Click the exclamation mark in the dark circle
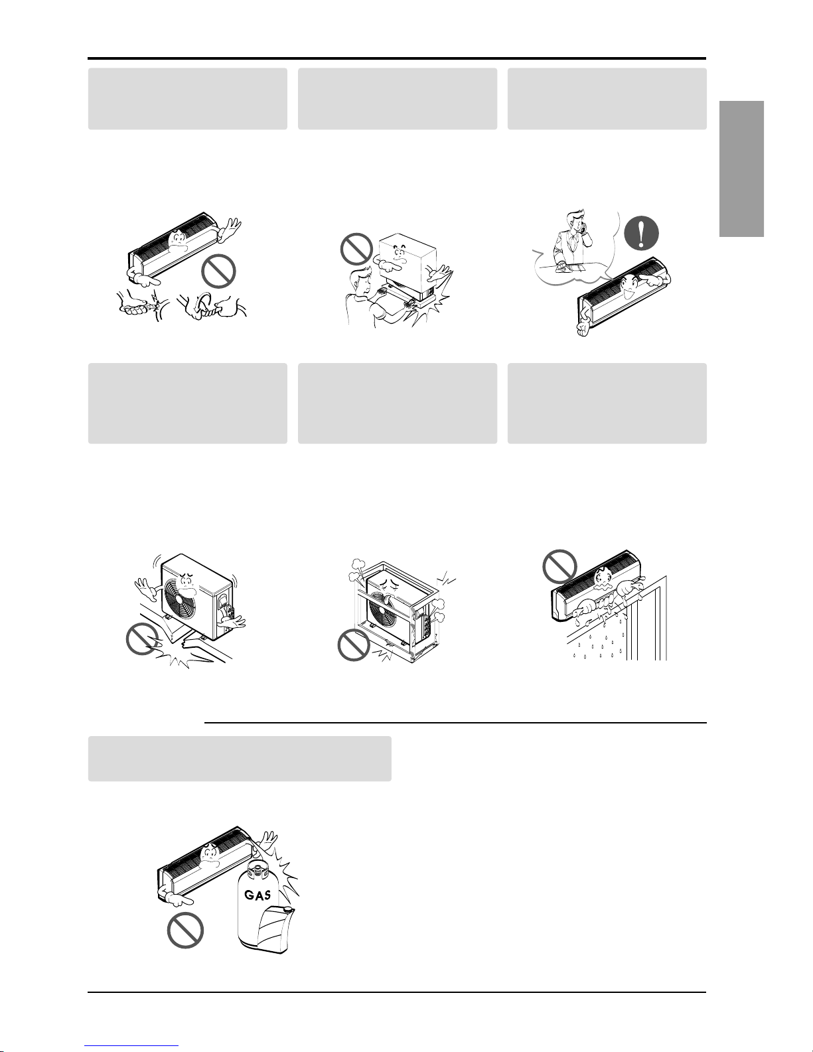coord(641,233)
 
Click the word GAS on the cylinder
coord(258,895)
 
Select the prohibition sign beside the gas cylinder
coord(185,930)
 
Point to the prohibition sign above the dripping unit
coord(560,566)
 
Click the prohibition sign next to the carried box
coord(356,250)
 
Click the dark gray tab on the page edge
coord(741,169)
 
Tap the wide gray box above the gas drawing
coord(240,759)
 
